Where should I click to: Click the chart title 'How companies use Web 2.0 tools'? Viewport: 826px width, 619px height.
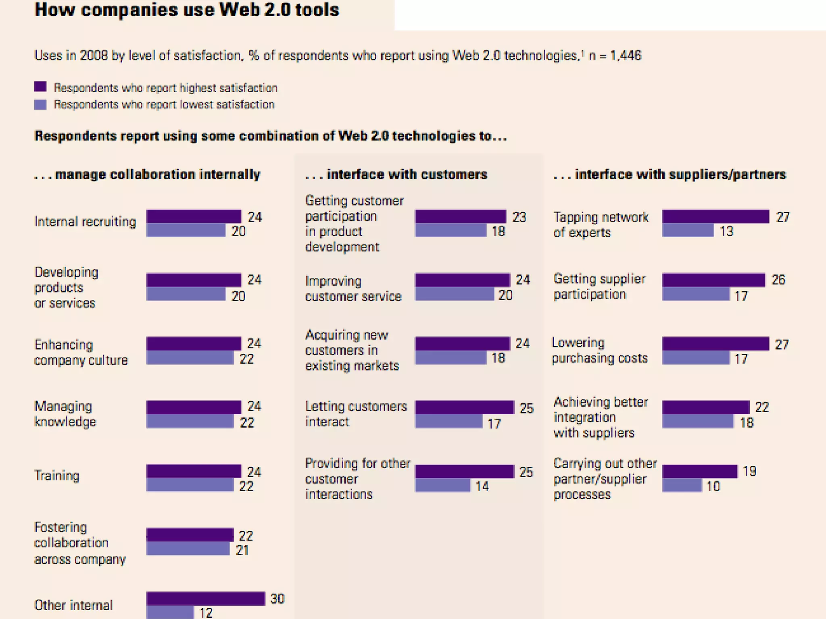coord(187,10)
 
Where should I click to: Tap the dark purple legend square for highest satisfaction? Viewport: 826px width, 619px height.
coord(40,87)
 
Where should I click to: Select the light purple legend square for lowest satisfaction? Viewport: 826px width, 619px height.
coord(40,104)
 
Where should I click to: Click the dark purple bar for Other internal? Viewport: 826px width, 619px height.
coord(206,598)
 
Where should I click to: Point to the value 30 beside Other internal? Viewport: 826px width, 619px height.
coord(277,599)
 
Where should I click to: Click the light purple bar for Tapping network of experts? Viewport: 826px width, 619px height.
coord(688,231)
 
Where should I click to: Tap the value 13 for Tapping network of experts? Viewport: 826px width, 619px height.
coord(726,231)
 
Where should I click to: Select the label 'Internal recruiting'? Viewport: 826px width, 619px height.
coord(85,222)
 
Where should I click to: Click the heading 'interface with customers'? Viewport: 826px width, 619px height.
coord(407,174)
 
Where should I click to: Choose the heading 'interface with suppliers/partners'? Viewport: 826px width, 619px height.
coord(680,174)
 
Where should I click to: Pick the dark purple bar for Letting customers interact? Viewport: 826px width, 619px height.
coord(465,407)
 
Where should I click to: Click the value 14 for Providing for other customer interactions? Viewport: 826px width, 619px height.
coord(482,486)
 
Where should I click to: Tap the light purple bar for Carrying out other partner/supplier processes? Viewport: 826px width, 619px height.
coord(682,486)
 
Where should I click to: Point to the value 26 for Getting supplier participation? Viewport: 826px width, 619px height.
coord(778,280)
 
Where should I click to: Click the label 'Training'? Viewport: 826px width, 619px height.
coord(57,476)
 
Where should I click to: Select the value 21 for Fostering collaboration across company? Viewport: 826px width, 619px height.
coord(242,550)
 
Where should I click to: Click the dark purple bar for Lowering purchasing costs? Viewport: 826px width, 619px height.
coord(715,344)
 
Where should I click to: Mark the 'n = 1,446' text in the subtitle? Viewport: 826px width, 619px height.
coord(615,55)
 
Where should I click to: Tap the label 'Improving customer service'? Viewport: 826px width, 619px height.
coord(353,289)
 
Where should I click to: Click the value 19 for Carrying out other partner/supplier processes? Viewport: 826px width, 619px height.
coord(749,471)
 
